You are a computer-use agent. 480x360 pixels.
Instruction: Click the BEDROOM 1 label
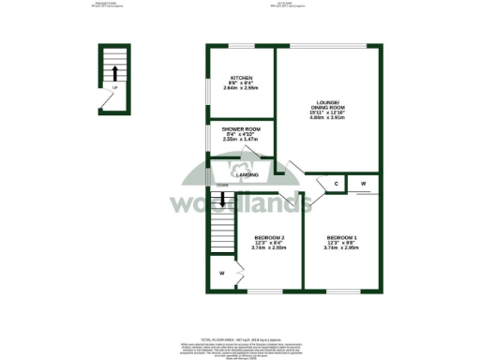pos(341,238)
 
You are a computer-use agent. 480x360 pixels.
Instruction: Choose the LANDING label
pos(247,175)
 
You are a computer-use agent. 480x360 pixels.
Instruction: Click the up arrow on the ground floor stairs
pos(114,72)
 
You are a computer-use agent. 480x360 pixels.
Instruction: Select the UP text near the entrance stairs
pos(114,89)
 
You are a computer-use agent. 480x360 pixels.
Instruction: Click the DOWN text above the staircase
pos(221,186)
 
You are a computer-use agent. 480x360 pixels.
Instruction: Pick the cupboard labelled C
pos(336,184)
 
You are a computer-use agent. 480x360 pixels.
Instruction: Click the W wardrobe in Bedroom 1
pos(364,184)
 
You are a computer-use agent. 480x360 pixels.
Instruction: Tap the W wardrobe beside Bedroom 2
pos(221,273)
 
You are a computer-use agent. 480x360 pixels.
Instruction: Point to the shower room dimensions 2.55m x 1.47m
pos(240,139)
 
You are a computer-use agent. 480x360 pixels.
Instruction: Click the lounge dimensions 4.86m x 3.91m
pos(327,118)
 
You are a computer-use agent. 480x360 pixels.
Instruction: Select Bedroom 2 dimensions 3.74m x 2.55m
pos(268,248)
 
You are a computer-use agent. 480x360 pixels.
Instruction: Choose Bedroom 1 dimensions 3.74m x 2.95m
pos(341,248)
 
